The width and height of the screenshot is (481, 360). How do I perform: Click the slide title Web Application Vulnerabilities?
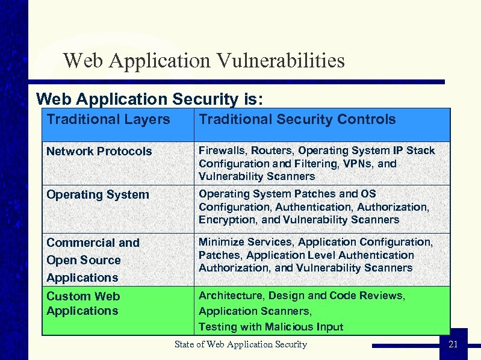203,60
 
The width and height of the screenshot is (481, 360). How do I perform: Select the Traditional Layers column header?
108,119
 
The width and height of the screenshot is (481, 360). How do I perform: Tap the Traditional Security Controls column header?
297,119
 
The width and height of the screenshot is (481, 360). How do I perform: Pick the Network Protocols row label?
99,151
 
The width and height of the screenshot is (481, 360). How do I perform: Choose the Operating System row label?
98,194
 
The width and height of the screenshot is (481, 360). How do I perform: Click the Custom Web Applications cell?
83,303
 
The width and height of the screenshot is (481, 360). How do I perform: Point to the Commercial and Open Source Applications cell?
93,260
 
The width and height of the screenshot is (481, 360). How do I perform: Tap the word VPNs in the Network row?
359,163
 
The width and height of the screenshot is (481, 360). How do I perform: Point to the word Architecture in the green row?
231,296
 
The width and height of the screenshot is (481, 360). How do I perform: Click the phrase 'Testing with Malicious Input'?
271,327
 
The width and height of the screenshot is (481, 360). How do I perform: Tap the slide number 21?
453,344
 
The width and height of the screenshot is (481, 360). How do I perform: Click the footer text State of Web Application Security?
241,344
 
